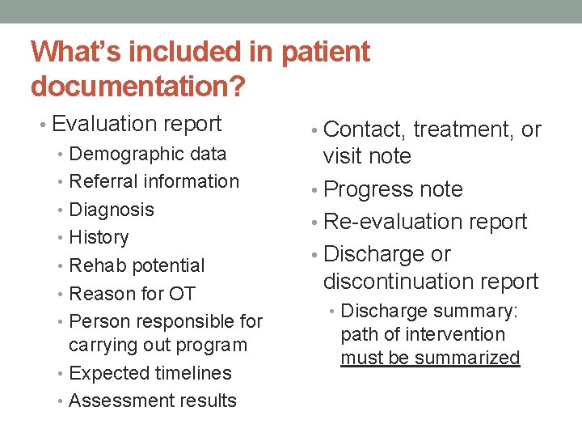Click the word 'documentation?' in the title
[x=138, y=84]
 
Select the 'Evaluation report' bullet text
[x=136, y=124]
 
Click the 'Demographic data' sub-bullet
[x=148, y=154]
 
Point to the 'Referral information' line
[x=154, y=181]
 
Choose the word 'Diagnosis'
[x=112, y=210]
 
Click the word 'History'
[x=99, y=237]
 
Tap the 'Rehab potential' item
[x=137, y=265]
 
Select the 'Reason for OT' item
[x=133, y=293]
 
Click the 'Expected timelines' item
[x=150, y=373]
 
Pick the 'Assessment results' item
[x=153, y=401]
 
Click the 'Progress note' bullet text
[x=393, y=189]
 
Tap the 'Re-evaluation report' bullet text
[x=425, y=222]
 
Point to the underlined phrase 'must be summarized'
[x=430, y=358]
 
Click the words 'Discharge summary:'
[x=430, y=311]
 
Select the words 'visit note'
[x=367, y=156]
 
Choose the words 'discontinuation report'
[x=430, y=282]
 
